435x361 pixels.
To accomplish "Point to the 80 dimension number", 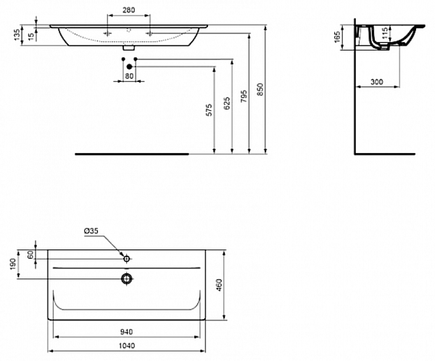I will pyautogui.click(x=129, y=76).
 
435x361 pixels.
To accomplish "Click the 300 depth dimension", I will pyautogui.click(x=376, y=82).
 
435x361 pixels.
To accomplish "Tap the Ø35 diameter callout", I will pyautogui.click(x=91, y=231).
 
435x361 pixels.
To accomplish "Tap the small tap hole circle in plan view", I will pyautogui.click(x=126, y=258).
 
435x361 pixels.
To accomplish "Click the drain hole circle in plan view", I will pyautogui.click(x=127, y=278).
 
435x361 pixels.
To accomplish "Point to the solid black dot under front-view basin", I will pyautogui.click(x=129, y=67).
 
